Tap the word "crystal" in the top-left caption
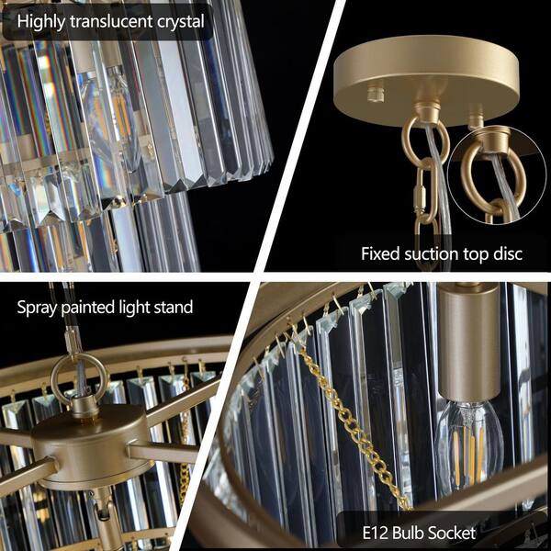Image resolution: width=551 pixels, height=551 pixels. pyautogui.click(x=178, y=21)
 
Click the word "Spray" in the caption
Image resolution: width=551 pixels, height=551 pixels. pyautogui.click(x=38, y=307)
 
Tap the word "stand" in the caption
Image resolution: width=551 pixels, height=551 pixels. pyautogui.click(x=173, y=307)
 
